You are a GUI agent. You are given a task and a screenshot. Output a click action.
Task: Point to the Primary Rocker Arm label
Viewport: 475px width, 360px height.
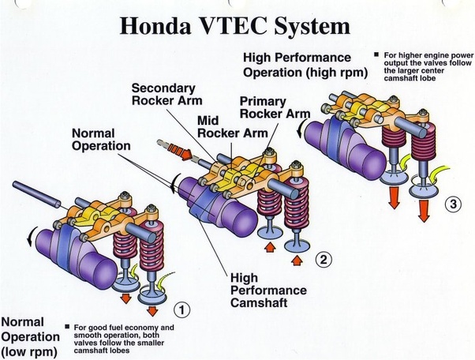274,107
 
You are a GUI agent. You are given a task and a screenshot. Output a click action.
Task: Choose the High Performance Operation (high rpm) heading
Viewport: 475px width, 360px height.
297,66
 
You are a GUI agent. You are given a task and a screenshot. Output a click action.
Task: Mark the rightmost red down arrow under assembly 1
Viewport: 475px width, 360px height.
150,306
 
